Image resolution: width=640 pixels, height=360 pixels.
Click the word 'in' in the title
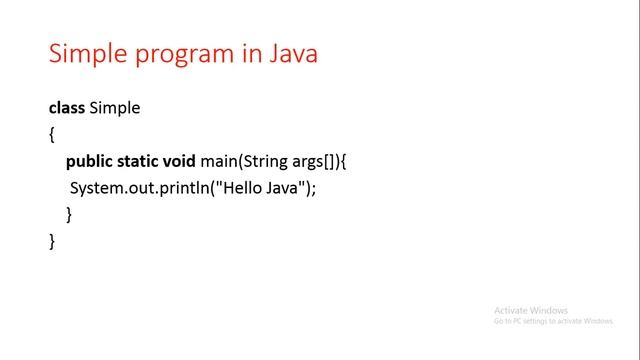tap(247, 53)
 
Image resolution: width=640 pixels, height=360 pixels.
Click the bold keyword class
tap(67, 108)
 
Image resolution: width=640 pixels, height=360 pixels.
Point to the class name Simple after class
tap(115, 108)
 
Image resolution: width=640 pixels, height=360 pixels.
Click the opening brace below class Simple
tap(52, 134)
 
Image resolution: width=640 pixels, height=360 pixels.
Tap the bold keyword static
tap(139, 161)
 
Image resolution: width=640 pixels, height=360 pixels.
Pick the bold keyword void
tap(184, 161)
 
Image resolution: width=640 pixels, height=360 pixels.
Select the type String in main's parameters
tap(277, 161)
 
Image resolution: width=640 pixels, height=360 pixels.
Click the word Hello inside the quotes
tap(243, 188)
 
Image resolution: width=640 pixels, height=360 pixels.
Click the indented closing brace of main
tap(69, 214)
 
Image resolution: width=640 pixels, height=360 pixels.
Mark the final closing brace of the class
tap(52, 241)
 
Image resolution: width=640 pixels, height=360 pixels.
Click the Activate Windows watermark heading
tap(530, 310)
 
